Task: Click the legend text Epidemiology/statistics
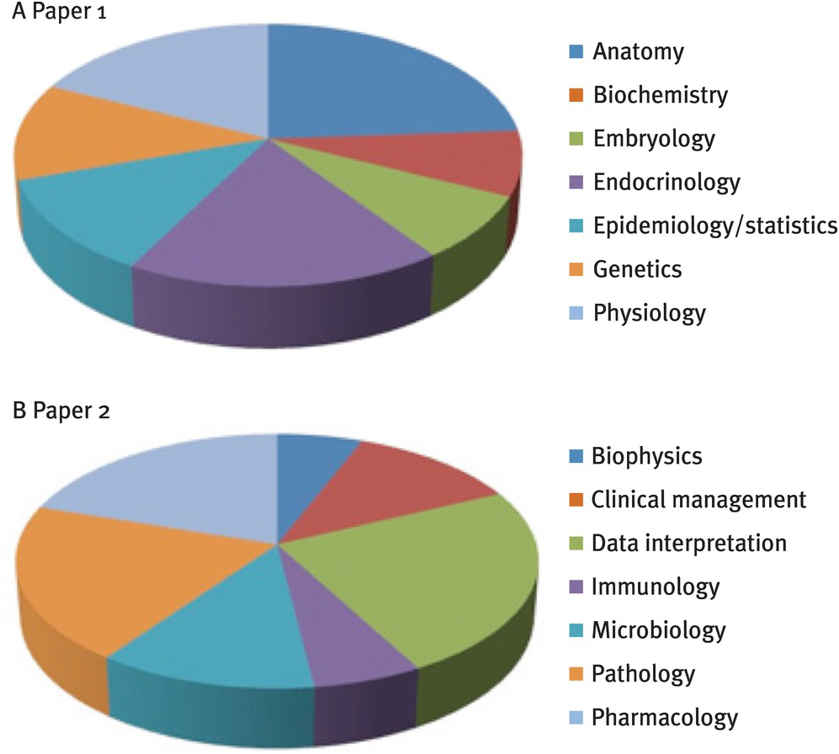[x=714, y=226]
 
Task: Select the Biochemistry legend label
[x=660, y=94]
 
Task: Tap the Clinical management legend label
[x=698, y=500]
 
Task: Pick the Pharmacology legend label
[x=665, y=718]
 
